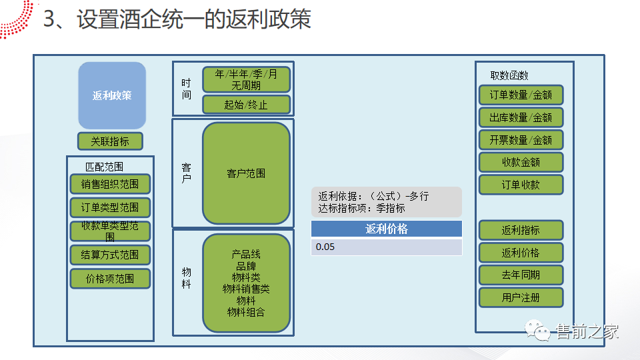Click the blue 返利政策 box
[111, 95]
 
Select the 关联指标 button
[110, 141]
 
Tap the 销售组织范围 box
[110, 184]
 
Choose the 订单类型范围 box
[110, 207]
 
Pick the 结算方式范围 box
[110, 255]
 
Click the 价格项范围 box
[110, 279]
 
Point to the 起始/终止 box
[246, 105]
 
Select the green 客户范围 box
[246, 173]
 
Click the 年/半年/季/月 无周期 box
[246, 80]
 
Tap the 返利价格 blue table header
[386, 229]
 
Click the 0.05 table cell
[386, 247]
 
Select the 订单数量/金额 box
[521, 95]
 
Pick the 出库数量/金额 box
[521, 117]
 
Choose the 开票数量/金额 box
[521, 140]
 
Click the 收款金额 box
[521, 162]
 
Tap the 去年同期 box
[521, 275]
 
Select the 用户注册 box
[521, 297]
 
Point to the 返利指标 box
[521, 230]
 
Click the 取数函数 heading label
[509, 75]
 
